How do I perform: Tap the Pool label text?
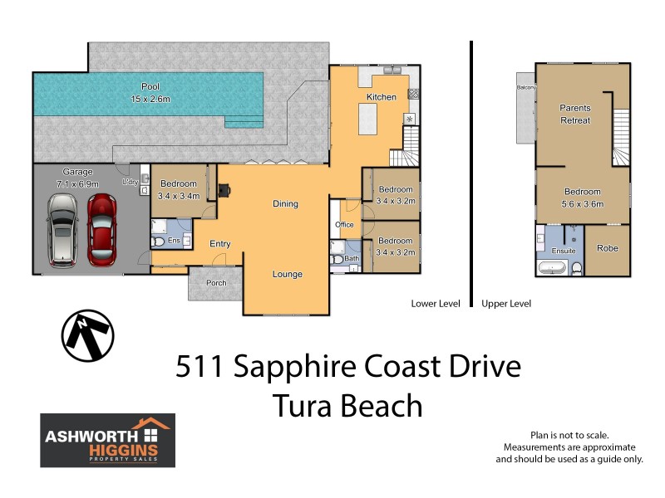tap(150, 86)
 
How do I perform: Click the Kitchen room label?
tap(382, 97)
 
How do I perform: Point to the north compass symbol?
tap(87, 337)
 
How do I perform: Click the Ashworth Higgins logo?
tap(108, 440)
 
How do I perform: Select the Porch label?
tap(216, 282)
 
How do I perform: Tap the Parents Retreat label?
tap(574, 115)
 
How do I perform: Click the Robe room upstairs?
tap(607, 248)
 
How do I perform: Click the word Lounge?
tap(288, 275)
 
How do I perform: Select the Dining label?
tap(285, 204)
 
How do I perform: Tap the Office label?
tap(344, 225)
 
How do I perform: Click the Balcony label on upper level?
tap(525, 87)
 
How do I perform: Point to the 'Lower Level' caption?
tap(436, 304)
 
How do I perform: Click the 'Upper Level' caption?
tap(506, 304)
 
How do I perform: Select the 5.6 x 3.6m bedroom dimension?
tap(583, 203)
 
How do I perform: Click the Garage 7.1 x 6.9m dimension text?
tap(77, 183)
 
